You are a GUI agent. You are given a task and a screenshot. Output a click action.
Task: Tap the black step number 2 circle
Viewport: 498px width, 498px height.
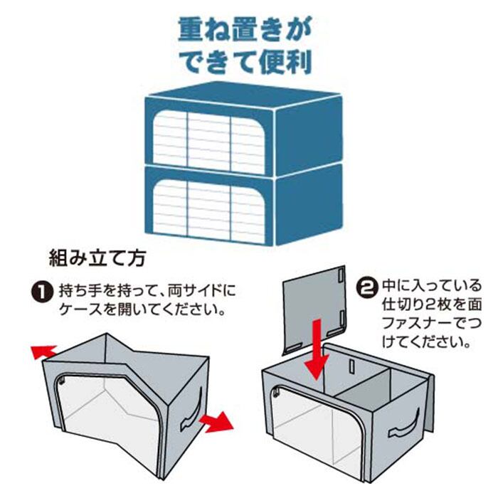[x=366, y=288]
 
